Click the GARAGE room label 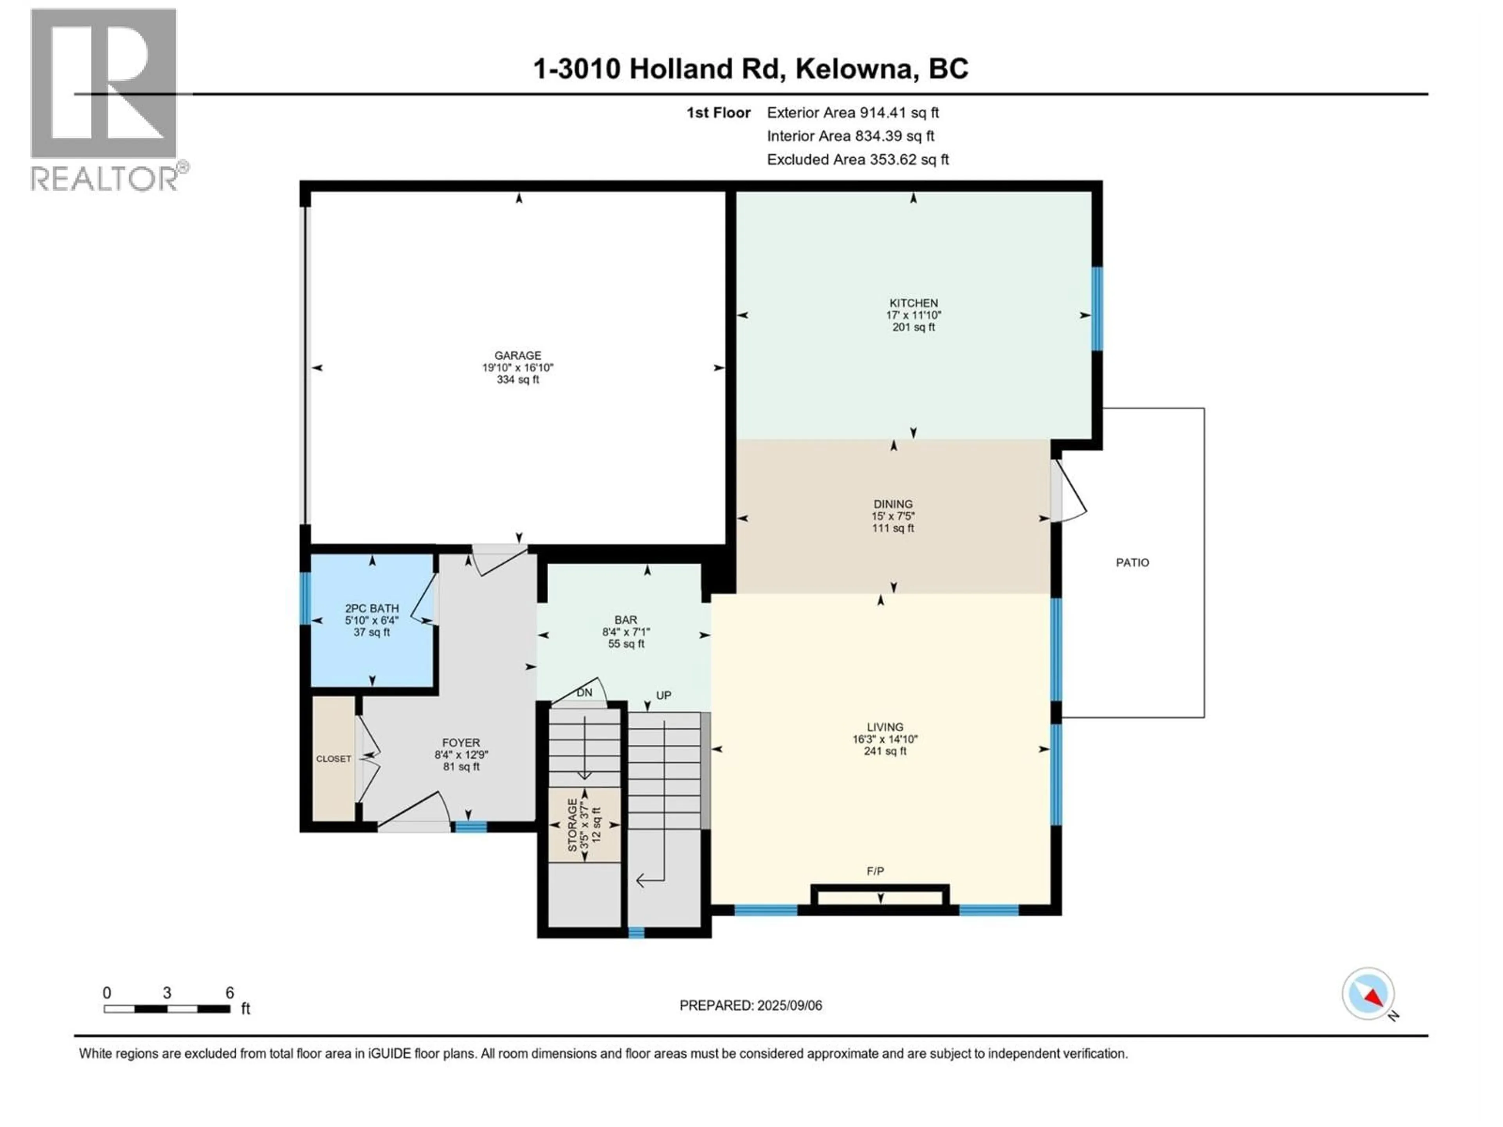coord(518,355)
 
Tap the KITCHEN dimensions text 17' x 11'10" coord(913,315)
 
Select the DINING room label coord(893,504)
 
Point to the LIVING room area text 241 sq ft coord(885,751)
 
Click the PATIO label coord(1132,562)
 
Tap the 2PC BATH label coord(372,609)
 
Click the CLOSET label coord(333,759)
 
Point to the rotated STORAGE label coord(572,825)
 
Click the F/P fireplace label coord(875,871)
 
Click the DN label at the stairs coord(584,693)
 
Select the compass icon coord(1368,994)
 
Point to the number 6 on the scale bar coord(230,992)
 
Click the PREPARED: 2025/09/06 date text coord(750,1005)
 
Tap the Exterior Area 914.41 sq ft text coord(853,113)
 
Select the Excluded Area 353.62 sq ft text coord(858,160)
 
